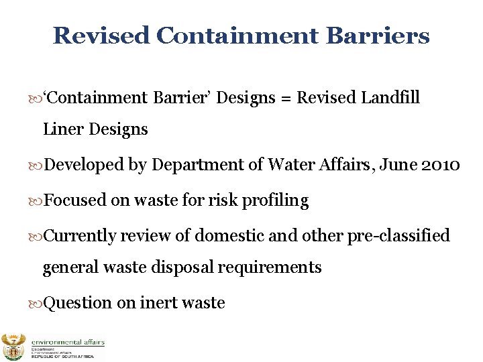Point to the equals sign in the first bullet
coord(286,98)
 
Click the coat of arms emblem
coord(13,347)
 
